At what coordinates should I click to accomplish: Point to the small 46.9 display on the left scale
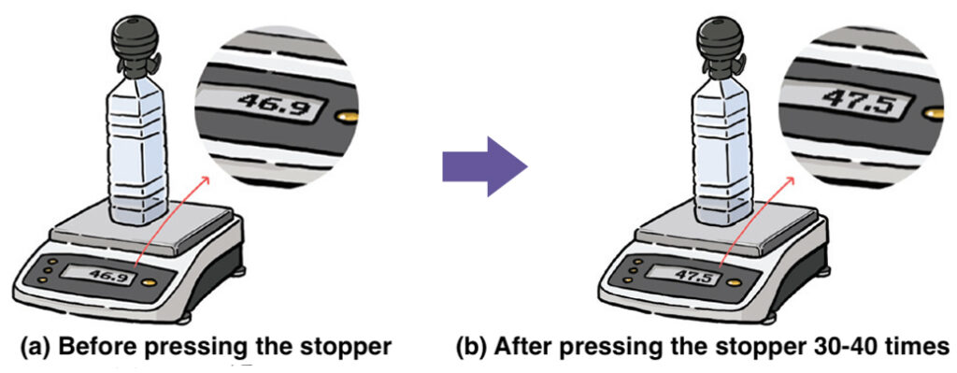(x=108, y=276)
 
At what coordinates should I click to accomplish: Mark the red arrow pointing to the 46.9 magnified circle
(x=172, y=221)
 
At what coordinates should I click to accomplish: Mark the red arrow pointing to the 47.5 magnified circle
(x=759, y=221)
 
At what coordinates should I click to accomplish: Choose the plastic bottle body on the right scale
(x=723, y=152)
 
